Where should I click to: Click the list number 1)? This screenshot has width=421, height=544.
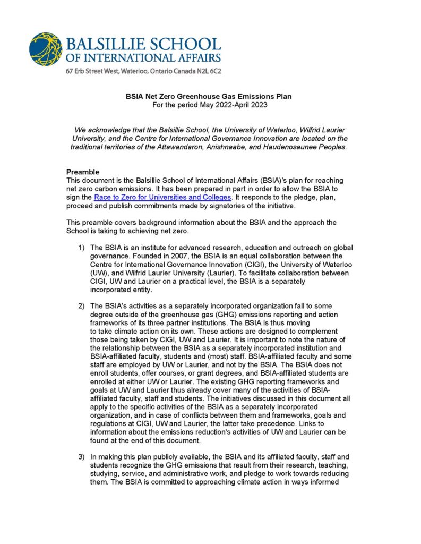tap(82, 248)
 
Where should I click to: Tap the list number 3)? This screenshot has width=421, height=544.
tap(82, 456)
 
